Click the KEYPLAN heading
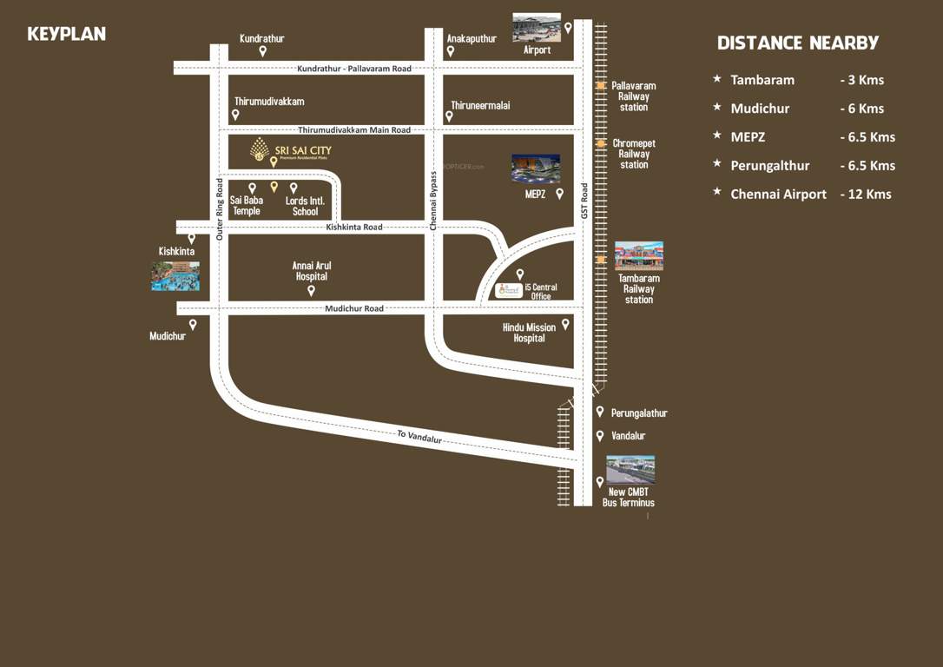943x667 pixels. click(66, 34)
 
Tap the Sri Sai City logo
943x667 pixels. click(260, 149)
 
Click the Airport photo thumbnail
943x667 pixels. click(536, 28)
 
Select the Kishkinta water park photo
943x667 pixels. click(175, 276)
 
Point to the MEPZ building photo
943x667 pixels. click(536, 168)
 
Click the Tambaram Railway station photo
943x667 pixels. click(638, 256)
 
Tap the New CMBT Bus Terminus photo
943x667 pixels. click(630, 470)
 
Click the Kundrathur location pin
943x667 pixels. click(262, 52)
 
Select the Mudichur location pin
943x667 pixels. click(193, 324)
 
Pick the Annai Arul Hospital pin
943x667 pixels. click(311, 290)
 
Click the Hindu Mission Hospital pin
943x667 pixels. click(565, 324)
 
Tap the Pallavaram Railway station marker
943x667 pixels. click(601, 85)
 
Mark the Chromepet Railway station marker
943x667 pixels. click(601, 143)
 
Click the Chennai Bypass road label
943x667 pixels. click(433, 201)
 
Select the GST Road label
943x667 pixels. click(585, 201)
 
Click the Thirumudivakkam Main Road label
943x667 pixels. click(354, 130)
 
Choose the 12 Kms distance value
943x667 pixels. click(865, 195)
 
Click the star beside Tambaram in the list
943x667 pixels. click(717, 79)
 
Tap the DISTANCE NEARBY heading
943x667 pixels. click(797, 43)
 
